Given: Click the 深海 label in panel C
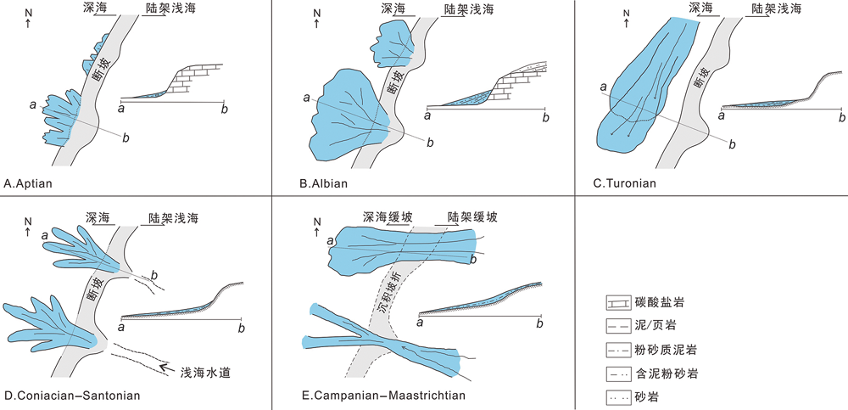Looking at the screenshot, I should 700,8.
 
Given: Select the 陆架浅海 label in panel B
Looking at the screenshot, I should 467,10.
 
